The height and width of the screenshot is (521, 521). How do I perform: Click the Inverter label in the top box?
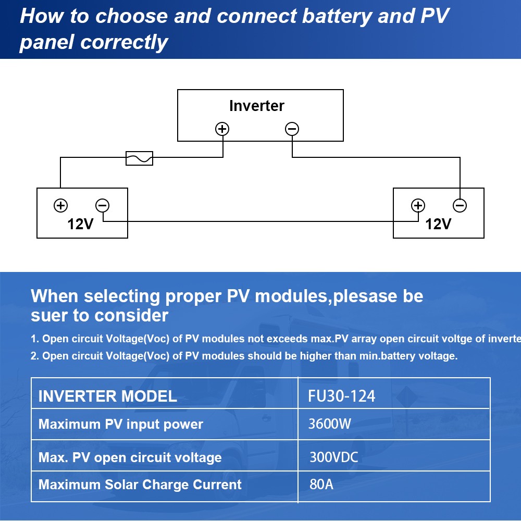(x=256, y=106)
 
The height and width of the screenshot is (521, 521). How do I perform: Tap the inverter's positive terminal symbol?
(x=222, y=129)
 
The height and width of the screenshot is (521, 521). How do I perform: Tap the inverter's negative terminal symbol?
(x=292, y=129)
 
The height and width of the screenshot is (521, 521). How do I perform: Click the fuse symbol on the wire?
(x=140, y=158)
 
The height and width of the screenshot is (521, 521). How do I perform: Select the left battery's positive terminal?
(x=60, y=205)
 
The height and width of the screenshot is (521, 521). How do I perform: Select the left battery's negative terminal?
(x=103, y=205)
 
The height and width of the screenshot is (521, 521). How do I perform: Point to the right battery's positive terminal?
(x=418, y=205)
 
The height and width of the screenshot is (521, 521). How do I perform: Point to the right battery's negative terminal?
(x=460, y=205)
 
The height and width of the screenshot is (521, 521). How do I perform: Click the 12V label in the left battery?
(x=80, y=224)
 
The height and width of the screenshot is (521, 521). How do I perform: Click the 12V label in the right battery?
(x=438, y=224)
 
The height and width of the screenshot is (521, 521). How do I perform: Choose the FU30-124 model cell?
(x=342, y=396)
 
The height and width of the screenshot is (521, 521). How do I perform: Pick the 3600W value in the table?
(x=330, y=423)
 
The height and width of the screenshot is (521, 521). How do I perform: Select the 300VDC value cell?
(x=334, y=457)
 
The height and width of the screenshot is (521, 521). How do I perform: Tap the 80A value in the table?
(x=321, y=485)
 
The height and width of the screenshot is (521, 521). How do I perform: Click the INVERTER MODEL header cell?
(x=107, y=396)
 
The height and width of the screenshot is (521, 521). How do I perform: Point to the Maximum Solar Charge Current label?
(x=140, y=485)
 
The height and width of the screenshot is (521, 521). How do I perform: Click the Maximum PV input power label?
(x=120, y=424)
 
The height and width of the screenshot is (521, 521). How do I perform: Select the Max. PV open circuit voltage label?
(x=130, y=458)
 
